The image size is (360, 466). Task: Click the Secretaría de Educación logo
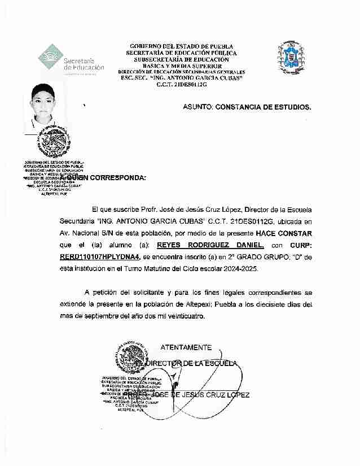[70, 60]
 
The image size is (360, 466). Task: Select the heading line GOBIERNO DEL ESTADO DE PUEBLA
[181, 46]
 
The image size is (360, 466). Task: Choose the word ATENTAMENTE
[186, 347]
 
